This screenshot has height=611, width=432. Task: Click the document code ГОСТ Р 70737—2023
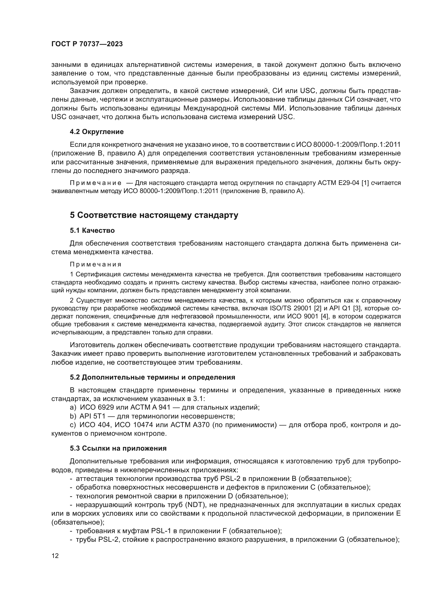click(x=87, y=44)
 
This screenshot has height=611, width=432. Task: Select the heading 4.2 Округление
click(x=97, y=132)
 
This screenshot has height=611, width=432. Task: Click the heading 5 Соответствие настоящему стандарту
click(x=154, y=215)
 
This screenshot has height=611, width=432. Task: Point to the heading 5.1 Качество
click(x=92, y=230)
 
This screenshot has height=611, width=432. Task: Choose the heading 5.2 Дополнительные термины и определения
click(x=153, y=377)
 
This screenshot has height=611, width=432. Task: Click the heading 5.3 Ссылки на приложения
click(x=118, y=449)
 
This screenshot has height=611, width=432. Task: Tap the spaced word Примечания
click(x=96, y=265)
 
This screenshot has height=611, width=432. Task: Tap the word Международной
click(x=212, y=108)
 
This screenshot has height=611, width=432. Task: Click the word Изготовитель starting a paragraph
click(x=92, y=345)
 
